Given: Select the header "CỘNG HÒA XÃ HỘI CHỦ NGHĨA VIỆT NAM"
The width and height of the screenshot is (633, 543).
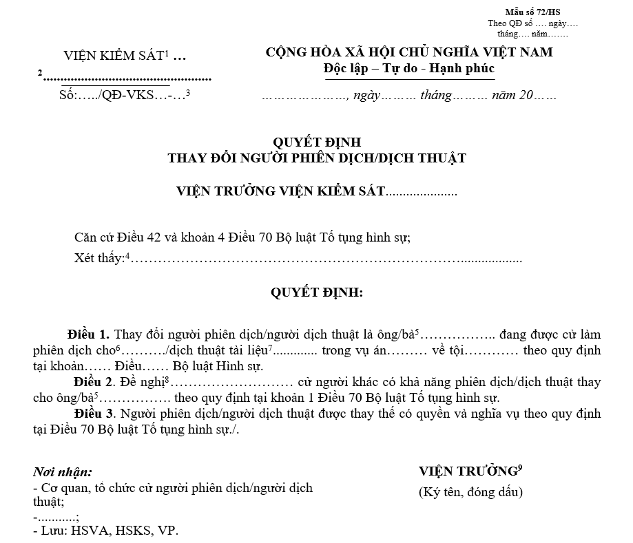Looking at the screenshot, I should (409, 52).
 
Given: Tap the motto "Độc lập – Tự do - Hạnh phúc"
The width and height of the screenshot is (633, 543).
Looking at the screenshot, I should (409, 68).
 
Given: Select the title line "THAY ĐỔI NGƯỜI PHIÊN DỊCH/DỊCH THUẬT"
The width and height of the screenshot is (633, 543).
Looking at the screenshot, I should (317, 158).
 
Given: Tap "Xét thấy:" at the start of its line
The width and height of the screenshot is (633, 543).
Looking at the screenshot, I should (99, 259).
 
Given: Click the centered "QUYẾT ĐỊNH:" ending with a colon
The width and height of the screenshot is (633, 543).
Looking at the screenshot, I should (317, 292).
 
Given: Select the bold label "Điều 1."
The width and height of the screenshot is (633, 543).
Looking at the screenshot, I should (89, 335).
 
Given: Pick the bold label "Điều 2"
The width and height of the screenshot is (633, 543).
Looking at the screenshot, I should (92, 382).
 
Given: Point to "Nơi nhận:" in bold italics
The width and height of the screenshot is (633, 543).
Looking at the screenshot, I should (63, 473).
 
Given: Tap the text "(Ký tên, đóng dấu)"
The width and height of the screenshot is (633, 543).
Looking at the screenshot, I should (470, 492).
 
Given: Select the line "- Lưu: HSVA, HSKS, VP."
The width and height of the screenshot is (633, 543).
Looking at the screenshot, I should (105, 531).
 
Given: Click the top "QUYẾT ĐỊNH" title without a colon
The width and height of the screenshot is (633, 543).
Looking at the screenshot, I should (317, 142).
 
